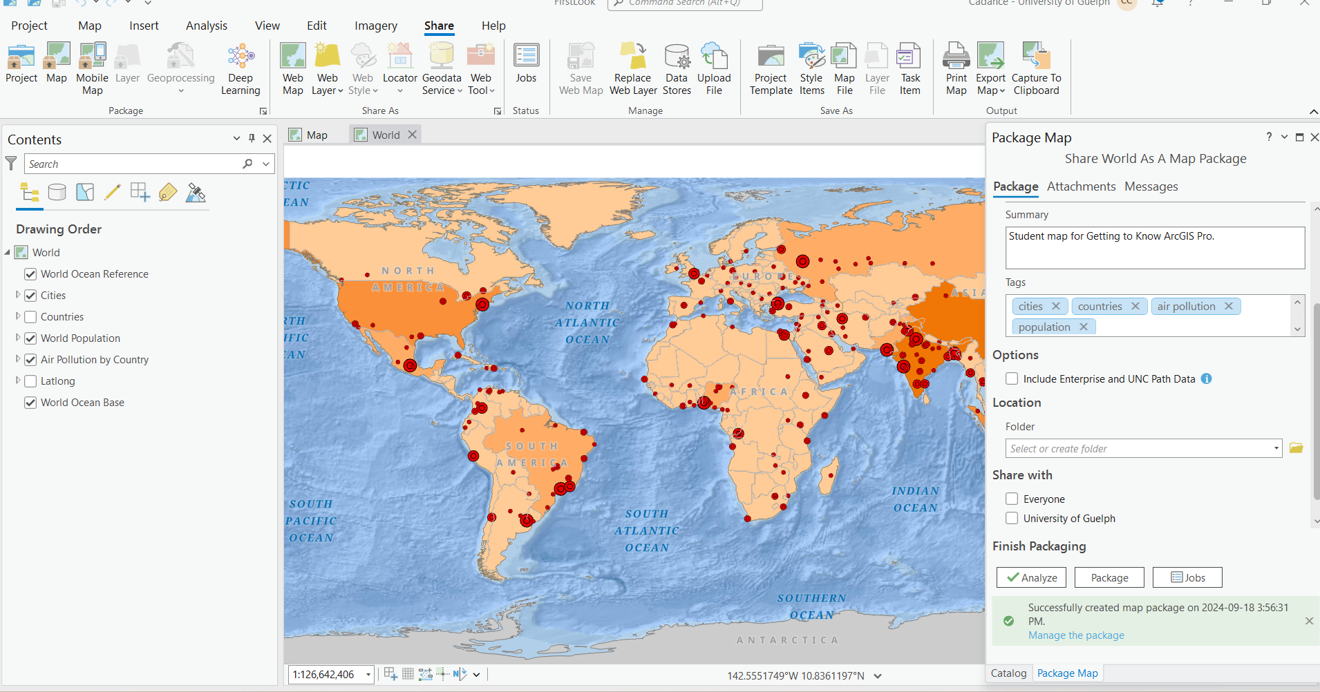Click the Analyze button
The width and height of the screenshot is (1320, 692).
point(1031,577)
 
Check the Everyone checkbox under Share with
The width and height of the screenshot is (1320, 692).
point(1012,499)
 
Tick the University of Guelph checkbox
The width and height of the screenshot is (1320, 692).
point(1012,518)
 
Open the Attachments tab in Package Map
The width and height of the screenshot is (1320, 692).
point(1081,186)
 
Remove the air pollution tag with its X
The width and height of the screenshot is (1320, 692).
point(1228,306)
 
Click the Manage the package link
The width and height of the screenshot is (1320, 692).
point(1075,635)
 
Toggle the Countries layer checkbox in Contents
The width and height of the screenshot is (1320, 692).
point(30,317)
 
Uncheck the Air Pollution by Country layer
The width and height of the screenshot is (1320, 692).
point(30,360)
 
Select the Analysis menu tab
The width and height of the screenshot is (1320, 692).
point(206,26)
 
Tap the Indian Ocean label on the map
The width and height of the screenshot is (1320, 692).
point(915,499)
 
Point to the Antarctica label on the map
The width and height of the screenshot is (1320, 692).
point(787,640)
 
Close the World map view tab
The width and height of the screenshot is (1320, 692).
point(413,135)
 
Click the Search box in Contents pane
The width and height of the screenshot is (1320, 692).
point(131,164)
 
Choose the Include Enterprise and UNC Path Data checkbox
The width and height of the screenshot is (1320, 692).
point(1012,378)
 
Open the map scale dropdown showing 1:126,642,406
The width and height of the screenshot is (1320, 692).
point(368,675)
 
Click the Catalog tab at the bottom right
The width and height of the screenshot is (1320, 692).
point(1008,673)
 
